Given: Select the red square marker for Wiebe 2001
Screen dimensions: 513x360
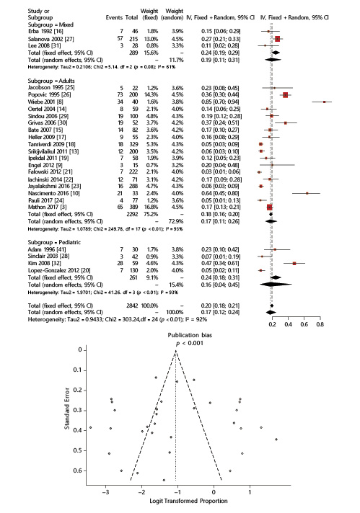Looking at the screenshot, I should (325, 102).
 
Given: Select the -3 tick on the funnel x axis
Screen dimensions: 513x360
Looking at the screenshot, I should (107, 491).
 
